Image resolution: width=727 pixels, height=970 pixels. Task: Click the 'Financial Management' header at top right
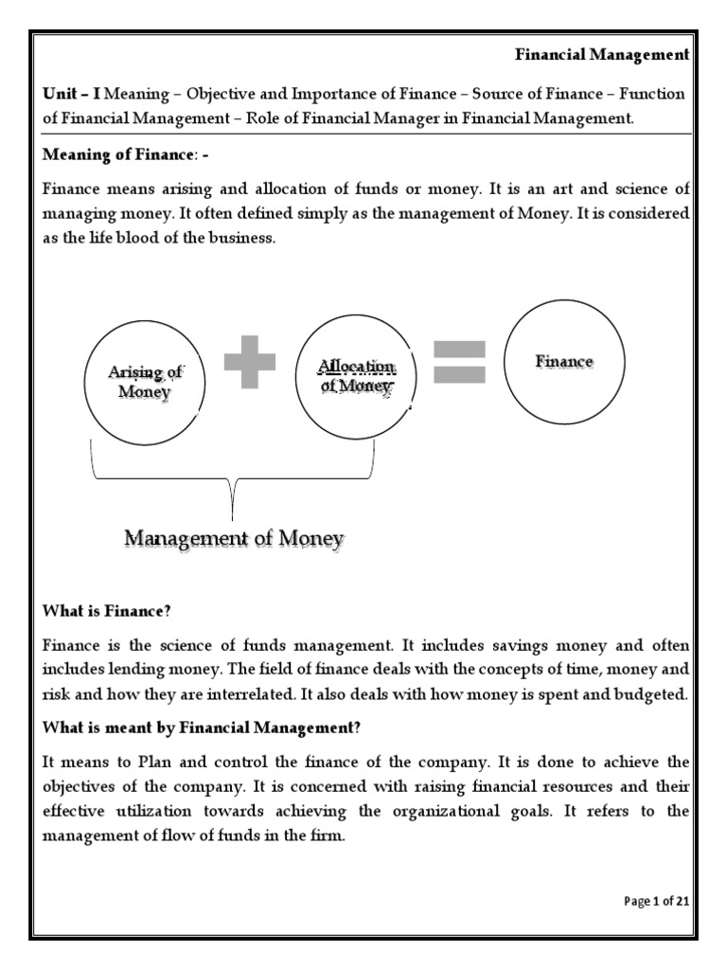602,55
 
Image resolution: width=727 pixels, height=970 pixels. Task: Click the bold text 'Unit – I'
72,94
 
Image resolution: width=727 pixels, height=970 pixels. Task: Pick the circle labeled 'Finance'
564,362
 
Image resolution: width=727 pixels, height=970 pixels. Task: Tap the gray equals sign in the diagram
459,362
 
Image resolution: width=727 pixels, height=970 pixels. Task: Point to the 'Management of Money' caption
234,539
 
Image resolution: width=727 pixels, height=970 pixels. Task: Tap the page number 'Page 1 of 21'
656,901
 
